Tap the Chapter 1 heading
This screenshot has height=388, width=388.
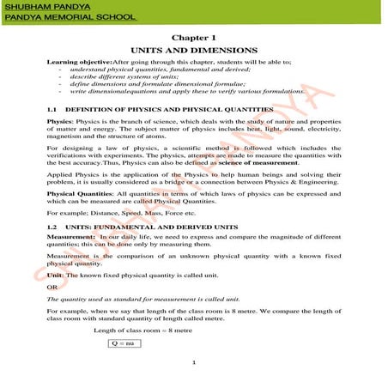(x=194, y=39)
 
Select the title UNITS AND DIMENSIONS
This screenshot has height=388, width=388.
(x=194, y=52)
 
